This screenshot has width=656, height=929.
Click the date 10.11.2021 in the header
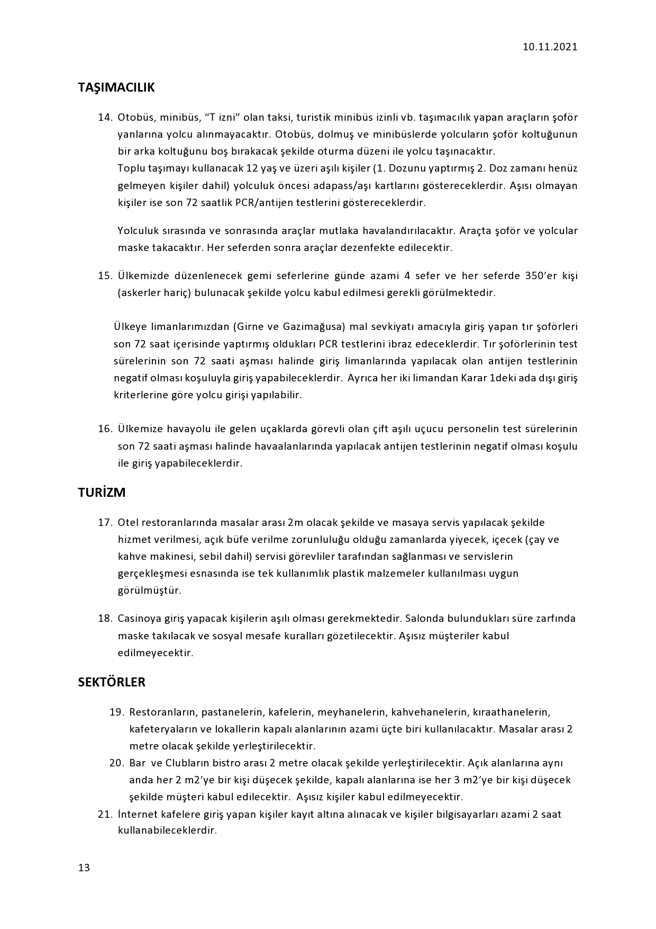550,47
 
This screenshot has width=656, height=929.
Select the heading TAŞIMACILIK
116,87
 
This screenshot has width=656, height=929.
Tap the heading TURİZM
102,493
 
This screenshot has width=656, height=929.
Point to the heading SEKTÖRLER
112,682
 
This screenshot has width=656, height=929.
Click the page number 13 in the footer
84,868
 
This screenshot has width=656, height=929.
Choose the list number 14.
105,117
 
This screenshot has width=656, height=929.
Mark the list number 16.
105,428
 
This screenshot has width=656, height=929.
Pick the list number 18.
105,618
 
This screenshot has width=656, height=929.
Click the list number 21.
105,814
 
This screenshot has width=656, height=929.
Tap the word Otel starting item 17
127,523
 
